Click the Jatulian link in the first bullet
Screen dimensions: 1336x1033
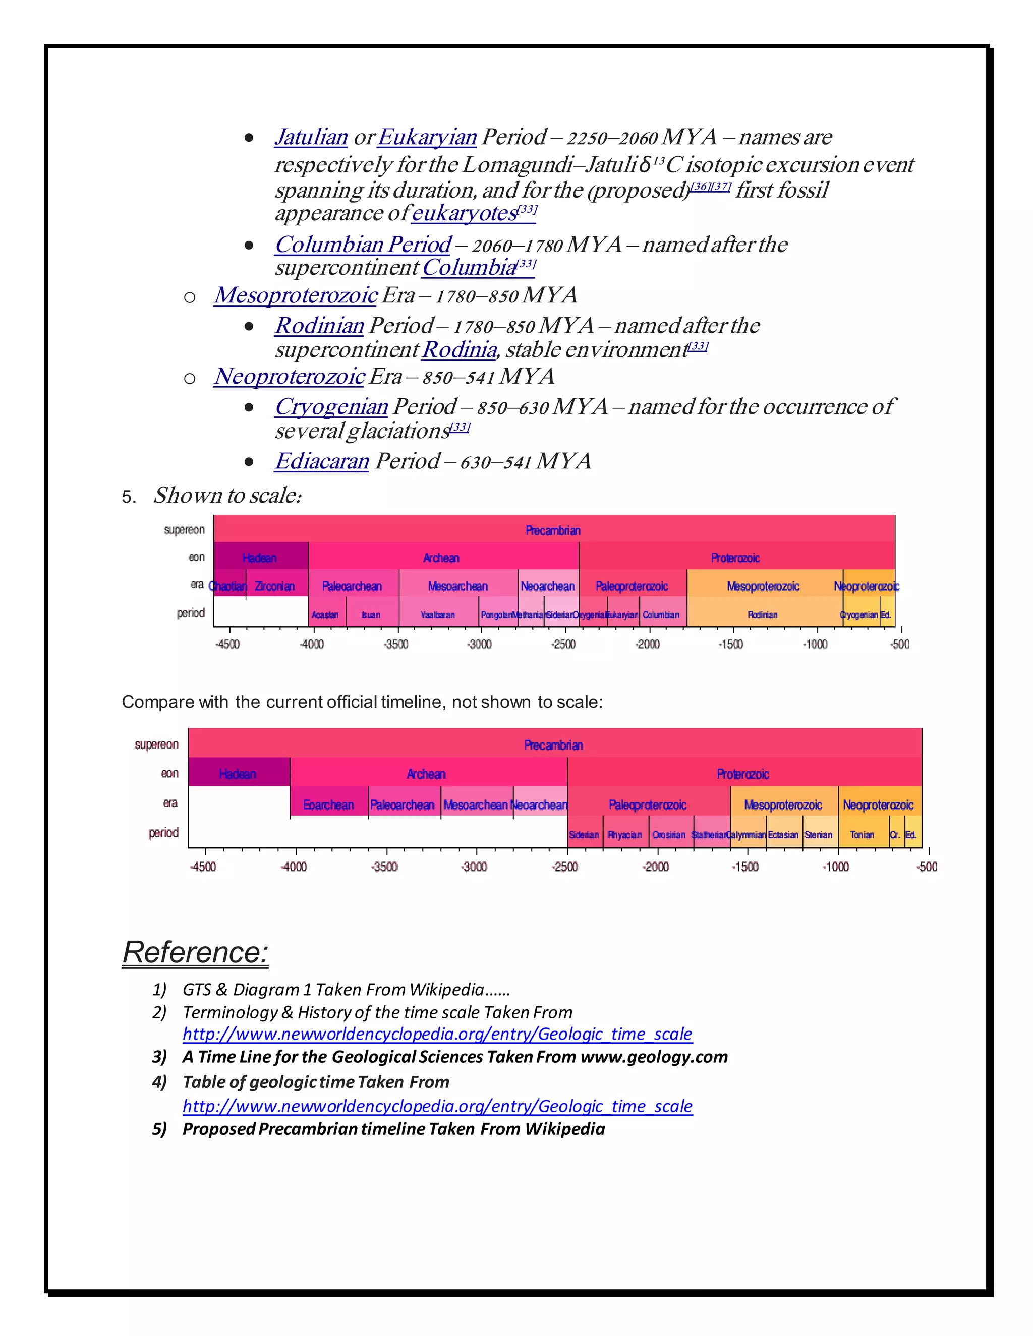tap(311, 137)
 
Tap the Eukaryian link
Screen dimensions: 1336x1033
tap(427, 137)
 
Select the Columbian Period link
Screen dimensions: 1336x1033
tap(363, 245)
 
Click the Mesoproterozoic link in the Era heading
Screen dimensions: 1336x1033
tap(296, 295)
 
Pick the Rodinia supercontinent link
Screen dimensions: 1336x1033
tap(459, 350)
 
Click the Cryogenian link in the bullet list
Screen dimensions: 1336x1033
tap(331, 407)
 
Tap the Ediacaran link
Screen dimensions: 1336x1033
tap(322, 461)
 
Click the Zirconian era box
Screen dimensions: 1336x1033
tap(274, 586)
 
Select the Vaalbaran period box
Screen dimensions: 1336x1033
tap(437, 614)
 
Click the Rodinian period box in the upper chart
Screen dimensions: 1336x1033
tap(763, 614)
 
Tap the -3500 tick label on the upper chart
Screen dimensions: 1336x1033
tap(396, 644)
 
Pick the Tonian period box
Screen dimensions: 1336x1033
tap(862, 834)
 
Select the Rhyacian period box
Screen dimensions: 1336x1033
tap(625, 834)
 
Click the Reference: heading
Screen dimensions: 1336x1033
tap(195, 952)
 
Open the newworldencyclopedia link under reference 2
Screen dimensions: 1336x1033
tap(437, 1034)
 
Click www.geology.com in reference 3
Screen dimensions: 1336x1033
tap(654, 1057)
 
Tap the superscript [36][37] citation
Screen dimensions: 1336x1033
tap(710, 187)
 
